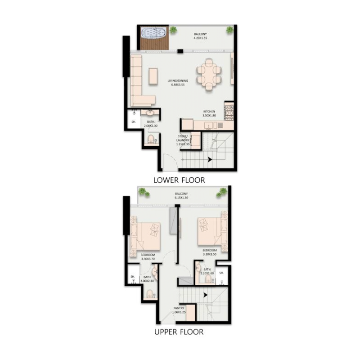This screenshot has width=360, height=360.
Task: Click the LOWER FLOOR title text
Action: pos(179,180)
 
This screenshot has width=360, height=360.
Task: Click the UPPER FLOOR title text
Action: pos(179,333)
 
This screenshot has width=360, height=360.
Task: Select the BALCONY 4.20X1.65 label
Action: pos(201,36)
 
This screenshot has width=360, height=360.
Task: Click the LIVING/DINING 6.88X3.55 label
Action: pos(178,83)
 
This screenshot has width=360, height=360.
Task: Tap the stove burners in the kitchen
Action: pos(229,111)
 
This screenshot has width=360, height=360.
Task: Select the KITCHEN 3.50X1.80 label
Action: pos(209,113)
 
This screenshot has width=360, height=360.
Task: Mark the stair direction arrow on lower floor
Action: pos(210,158)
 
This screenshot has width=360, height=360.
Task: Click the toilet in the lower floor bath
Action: pos(151,139)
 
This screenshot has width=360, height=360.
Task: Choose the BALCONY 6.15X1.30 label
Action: pos(181,196)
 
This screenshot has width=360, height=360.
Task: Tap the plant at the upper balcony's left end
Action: pos(144,192)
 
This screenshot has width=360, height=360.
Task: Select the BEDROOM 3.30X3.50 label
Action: pos(209,252)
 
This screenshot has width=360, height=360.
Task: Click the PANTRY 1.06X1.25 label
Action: pos(179,310)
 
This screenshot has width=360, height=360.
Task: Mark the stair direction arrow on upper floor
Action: pos(205,295)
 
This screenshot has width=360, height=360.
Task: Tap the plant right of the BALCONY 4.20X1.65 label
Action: pos(230,30)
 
